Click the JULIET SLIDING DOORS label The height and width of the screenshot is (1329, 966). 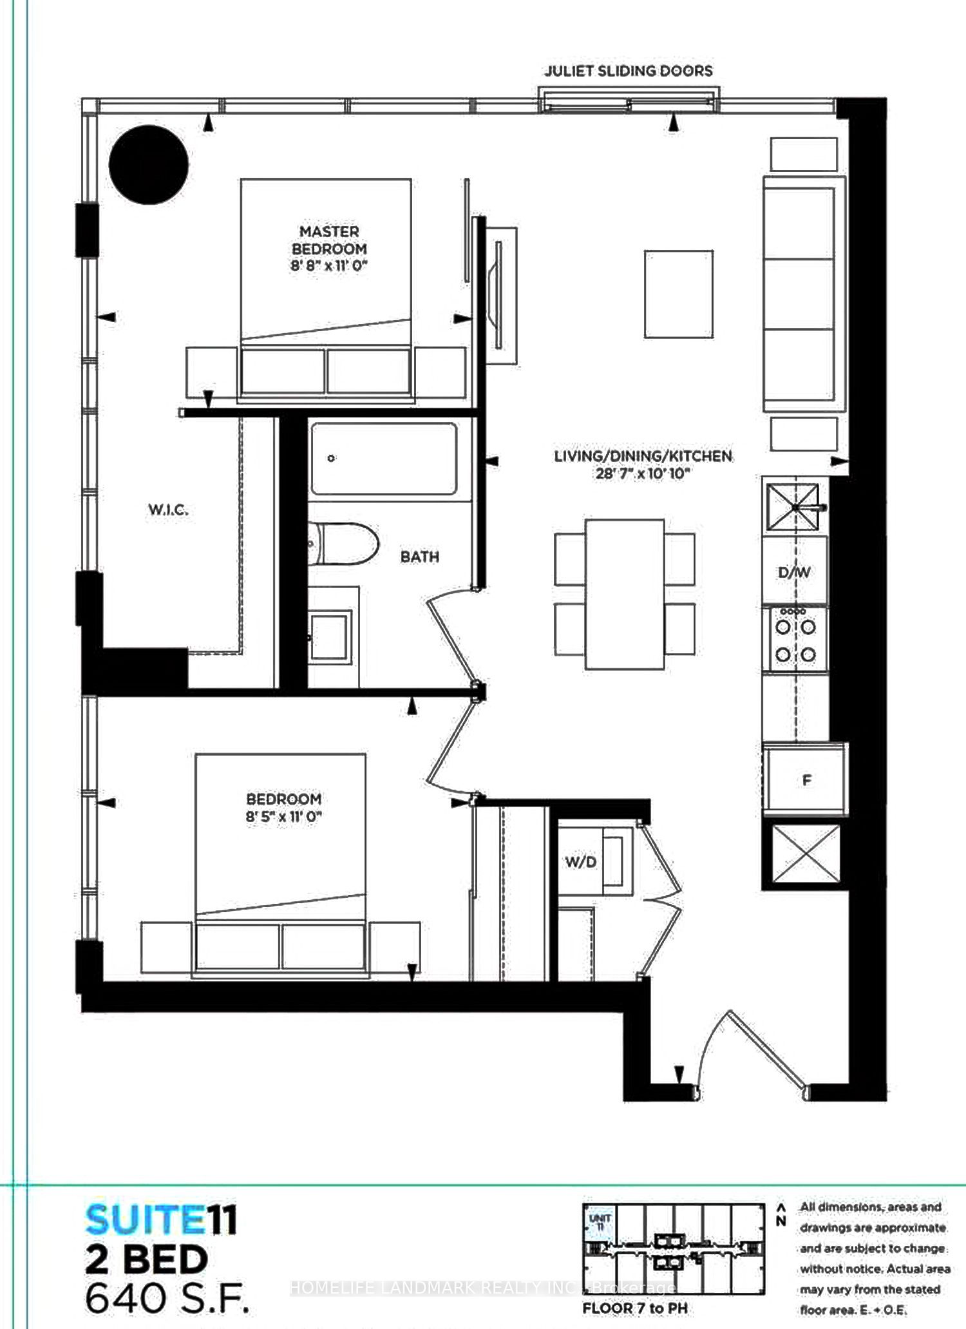tap(629, 71)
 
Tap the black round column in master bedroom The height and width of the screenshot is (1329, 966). tap(149, 165)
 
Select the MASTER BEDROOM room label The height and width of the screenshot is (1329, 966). tap(329, 240)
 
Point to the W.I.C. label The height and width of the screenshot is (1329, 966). tap(168, 510)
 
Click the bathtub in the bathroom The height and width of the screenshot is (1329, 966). tap(384, 458)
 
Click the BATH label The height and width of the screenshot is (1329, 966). tap(420, 557)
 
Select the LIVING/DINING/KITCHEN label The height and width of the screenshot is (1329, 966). tap(643, 456)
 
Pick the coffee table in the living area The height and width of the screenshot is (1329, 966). tap(679, 294)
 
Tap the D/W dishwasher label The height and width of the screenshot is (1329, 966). tap(794, 572)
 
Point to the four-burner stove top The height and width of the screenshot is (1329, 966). tap(795, 640)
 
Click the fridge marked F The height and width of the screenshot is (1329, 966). tap(806, 780)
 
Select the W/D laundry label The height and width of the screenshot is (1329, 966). tap(581, 862)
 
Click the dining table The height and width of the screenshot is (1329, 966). tap(625, 594)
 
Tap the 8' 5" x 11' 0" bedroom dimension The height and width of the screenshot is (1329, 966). tap(284, 816)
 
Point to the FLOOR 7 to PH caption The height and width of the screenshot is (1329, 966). tap(635, 1308)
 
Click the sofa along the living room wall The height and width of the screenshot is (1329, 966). tap(804, 294)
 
